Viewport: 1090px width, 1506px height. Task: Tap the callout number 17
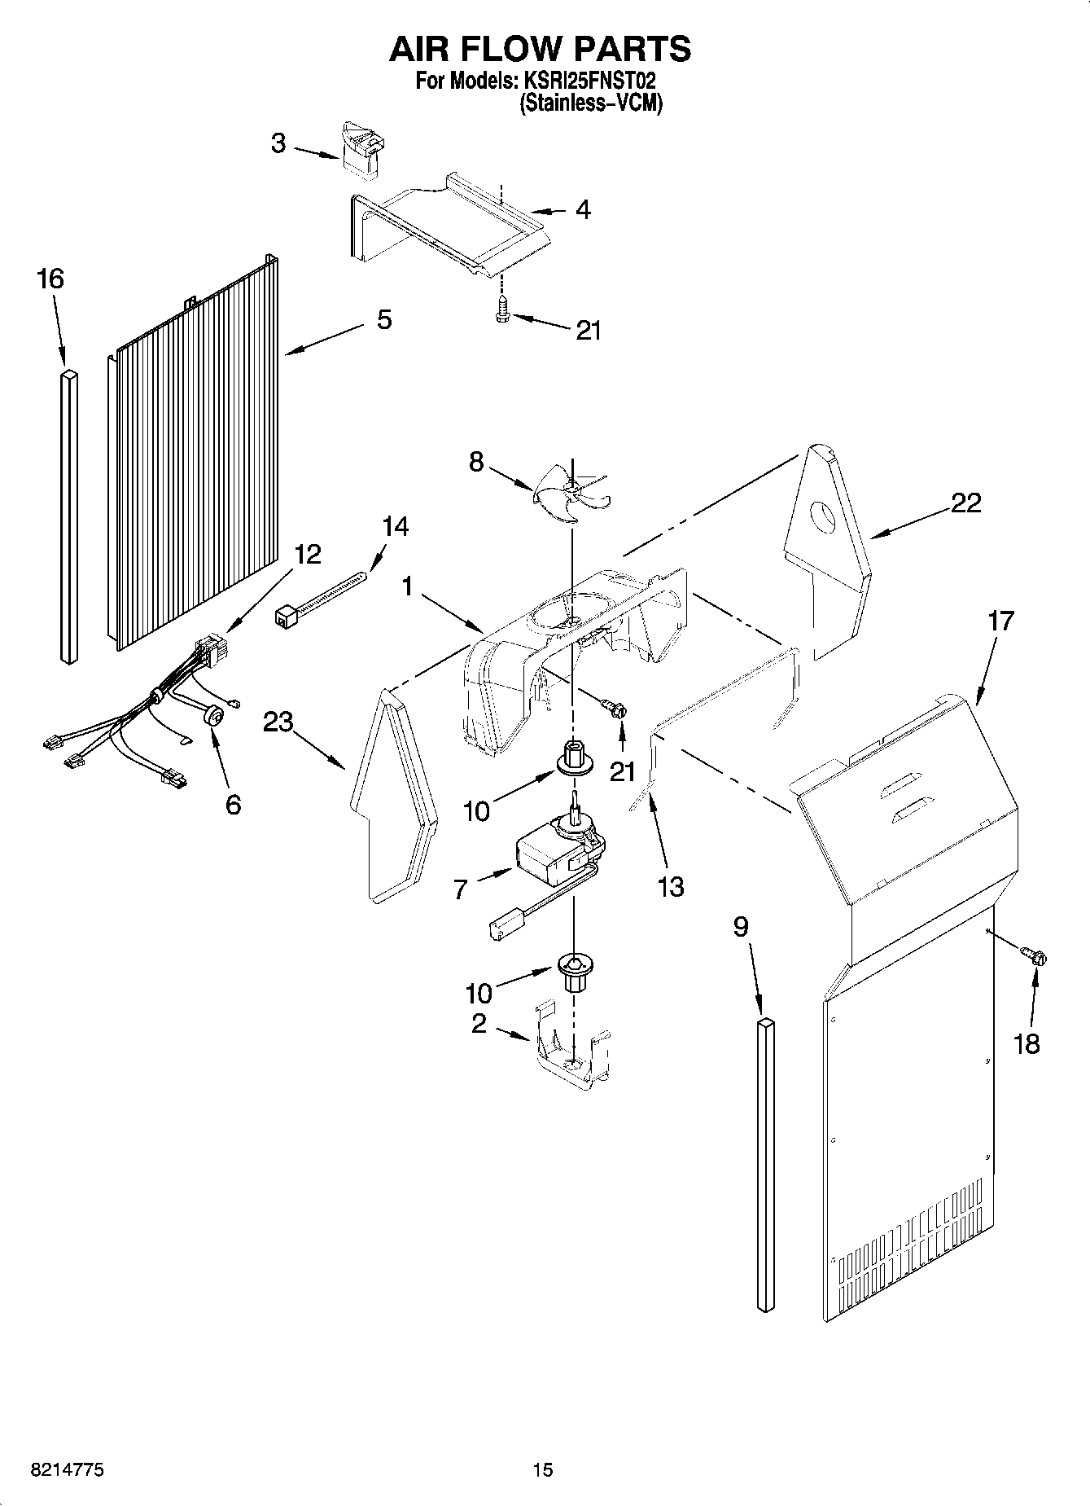point(1000,621)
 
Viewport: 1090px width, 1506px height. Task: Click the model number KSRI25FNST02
point(586,81)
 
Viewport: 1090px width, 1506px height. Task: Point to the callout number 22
point(966,503)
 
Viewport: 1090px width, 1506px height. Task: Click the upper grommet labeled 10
point(575,757)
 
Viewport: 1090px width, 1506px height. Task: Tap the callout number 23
point(278,722)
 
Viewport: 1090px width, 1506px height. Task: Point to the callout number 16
point(49,279)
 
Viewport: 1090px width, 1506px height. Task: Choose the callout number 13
point(671,886)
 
